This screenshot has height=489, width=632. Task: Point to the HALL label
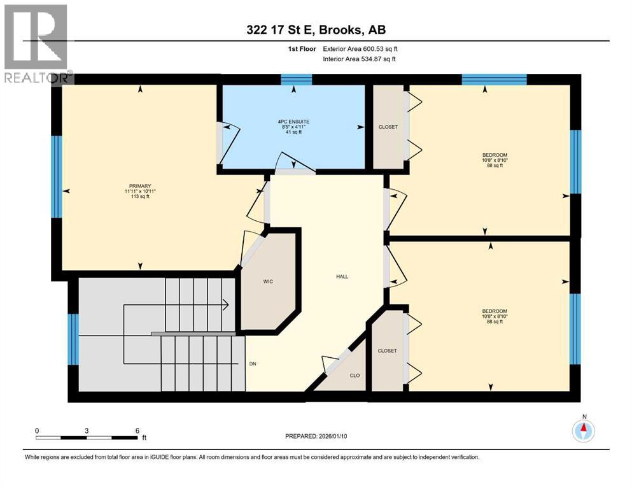pyautogui.click(x=342, y=276)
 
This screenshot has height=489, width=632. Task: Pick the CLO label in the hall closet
pyautogui.click(x=355, y=375)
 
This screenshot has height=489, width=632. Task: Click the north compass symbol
pyautogui.click(x=583, y=431)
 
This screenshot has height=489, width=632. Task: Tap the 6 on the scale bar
pyautogui.click(x=137, y=430)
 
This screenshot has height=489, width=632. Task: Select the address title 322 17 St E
pyautogui.click(x=316, y=30)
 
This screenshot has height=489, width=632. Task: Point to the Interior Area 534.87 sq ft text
pyautogui.click(x=360, y=59)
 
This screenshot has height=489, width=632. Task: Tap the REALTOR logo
pyautogui.click(x=36, y=43)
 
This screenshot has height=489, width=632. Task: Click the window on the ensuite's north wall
pyautogui.click(x=296, y=80)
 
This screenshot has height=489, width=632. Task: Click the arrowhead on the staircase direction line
pyautogui.click(x=225, y=305)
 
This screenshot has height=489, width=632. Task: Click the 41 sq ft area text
pyautogui.click(x=292, y=132)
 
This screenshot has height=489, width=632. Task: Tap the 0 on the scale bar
pyautogui.click(x=37, y=430)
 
